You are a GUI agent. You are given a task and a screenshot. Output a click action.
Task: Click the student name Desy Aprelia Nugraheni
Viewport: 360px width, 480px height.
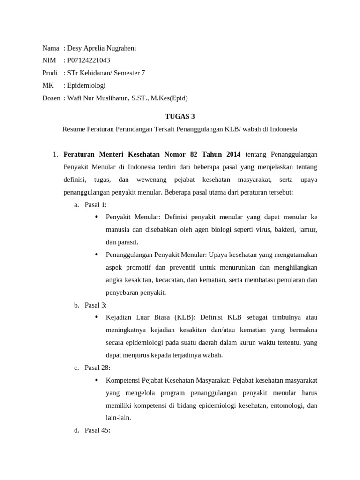coord(102,48)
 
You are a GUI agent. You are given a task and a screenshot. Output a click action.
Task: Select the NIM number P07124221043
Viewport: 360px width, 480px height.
coord(89,60)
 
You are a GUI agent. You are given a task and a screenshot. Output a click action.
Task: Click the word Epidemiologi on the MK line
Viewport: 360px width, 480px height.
coord(87,85)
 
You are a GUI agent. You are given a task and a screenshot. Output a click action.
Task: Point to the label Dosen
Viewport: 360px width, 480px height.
coord(51,98)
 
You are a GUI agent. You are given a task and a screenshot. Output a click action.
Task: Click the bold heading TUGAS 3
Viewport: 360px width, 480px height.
coord(180,117)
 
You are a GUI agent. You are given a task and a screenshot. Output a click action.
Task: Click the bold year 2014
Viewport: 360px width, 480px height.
coord(233,154)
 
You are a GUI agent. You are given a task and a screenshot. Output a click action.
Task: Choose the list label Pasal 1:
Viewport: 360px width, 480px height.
coord(96,204)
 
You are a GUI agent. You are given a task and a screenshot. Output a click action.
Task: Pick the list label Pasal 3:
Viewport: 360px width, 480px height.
coord(96,305)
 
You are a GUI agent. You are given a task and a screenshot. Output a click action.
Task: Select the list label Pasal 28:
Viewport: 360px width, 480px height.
coord(97,367)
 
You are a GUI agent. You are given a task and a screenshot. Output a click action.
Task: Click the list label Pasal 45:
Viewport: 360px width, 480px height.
coord(97,430)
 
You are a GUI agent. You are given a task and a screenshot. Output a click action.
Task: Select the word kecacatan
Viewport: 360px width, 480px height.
coord(169,280)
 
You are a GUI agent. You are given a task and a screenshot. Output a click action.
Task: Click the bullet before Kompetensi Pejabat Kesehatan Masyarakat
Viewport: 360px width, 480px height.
coord(97,380)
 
